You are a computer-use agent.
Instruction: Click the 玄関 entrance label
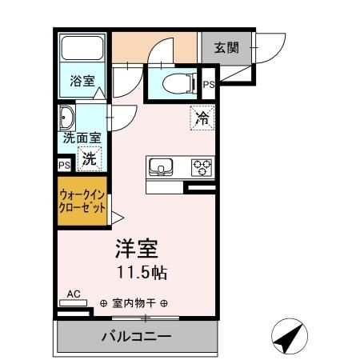coord(226,47)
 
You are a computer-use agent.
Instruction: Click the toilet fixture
coord(176,82)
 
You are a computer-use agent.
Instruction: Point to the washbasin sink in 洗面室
coord(66,118)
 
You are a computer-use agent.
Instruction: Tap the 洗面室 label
coord(82,138)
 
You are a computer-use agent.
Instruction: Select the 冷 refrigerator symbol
coord(202,118)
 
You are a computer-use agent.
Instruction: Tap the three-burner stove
coord(202,167)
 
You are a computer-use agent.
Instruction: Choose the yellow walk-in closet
coord(84,200)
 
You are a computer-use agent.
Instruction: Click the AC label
coord(74,294)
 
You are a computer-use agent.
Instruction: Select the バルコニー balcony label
coord(135,337)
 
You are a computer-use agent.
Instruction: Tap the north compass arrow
coord(289,338)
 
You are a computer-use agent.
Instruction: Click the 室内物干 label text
coord(134,304)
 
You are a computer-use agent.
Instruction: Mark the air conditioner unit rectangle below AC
coord(74,303)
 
